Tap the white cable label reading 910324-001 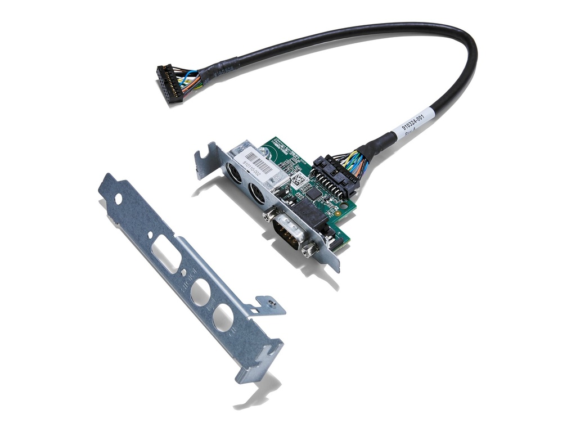[415, 121]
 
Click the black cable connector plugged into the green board [335, 175]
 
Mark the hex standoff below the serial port [307, 249]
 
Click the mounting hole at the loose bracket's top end [118, 199]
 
